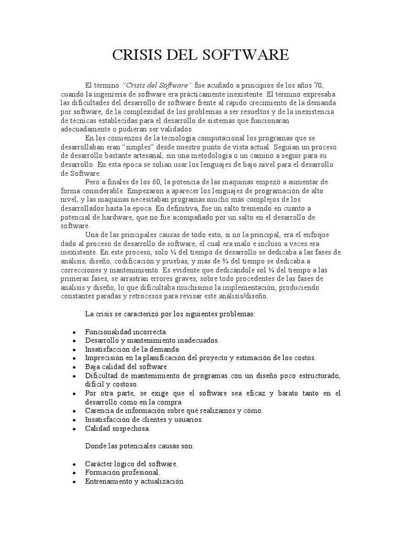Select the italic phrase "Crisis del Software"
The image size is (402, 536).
click(158, 85)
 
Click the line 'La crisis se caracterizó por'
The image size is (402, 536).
click(170, 315)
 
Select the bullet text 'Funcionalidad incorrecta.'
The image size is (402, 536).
click(126, 332)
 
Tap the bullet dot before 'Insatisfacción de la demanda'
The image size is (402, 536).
click(74, 349)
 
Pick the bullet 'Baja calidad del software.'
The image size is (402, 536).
click(127, 366)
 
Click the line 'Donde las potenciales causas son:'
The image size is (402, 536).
click(139, 446)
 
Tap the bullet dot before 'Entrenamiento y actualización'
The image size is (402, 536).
click(74, 482)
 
